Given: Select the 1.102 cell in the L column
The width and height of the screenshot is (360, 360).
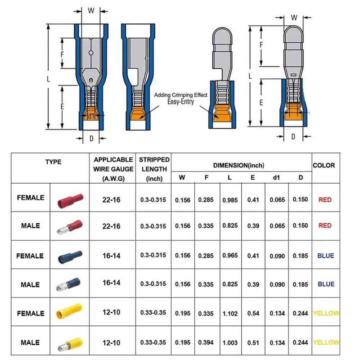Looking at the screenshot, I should pos(230,314).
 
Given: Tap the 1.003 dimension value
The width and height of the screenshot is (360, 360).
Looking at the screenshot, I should pos(230,343).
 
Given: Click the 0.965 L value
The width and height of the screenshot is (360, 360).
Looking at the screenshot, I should pos(230,256).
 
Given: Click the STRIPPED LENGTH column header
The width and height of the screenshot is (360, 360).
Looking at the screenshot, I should pos(154,169).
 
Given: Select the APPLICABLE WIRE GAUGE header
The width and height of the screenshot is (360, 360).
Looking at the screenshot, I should pos(113,169).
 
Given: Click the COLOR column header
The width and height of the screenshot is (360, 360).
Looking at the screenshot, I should pos(324,166).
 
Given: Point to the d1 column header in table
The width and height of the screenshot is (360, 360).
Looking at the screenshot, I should pos(276,178).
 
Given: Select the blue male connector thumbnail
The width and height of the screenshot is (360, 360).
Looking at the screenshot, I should pos(70,284).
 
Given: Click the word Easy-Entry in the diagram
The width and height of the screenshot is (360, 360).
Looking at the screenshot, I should pos(181,102).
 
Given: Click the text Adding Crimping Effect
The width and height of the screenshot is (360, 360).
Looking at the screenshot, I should pos(181,95).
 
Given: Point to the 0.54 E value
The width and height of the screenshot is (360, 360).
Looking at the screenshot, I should pos(253,314).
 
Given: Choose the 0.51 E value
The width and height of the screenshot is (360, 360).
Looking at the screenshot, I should pos(253,343).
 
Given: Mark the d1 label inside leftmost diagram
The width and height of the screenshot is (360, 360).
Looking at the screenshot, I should pos(91,116).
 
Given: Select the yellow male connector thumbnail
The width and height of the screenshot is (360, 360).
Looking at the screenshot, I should pos(70,343).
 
